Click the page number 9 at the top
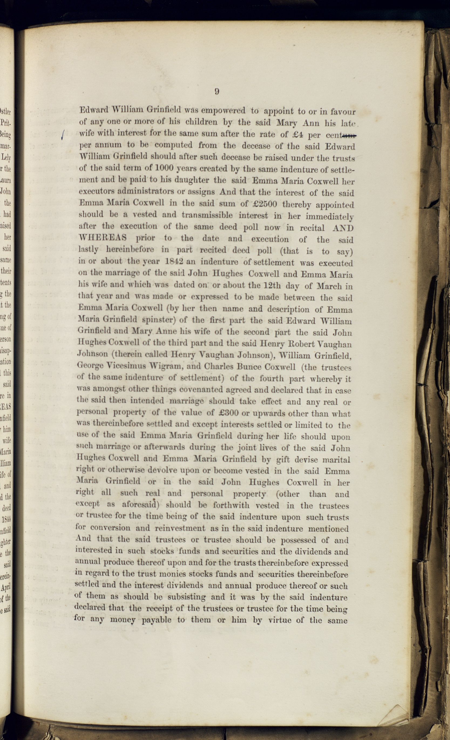(x=217, y=91)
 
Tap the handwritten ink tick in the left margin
(x=62, y=135)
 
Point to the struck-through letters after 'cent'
(x=349, y=135)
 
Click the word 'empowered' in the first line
(x=223, y=111)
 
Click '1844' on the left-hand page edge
(x=6, y=519)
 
